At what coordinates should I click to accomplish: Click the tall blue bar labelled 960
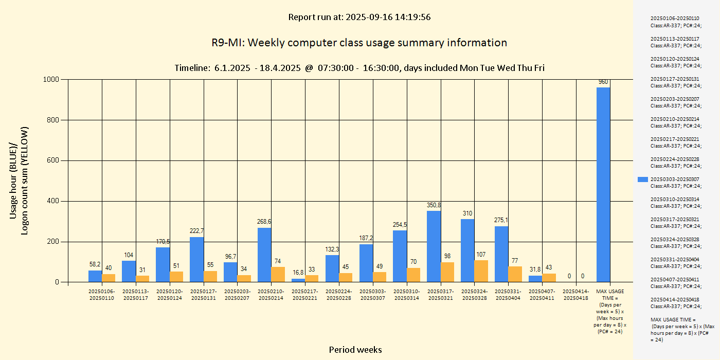point(603,185)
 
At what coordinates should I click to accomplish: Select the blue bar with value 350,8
point(434,246)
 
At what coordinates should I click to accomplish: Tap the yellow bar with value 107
point(481,271)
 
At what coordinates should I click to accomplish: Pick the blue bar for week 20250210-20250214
point(264,255)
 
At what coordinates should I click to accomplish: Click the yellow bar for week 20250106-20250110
point(109,278)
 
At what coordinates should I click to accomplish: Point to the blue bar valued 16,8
point(298,280)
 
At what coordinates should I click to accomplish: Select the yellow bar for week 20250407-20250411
point(549,278)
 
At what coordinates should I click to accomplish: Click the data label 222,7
point(196,231)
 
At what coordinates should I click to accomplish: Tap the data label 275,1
point(502,220)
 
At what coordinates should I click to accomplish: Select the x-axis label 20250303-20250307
point(373,295)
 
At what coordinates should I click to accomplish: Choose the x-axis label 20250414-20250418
point(576,295)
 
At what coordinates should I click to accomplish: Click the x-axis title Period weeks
point(355,350)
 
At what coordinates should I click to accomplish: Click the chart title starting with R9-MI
point(359,43)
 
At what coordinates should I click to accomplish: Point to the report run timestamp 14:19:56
point(413,17)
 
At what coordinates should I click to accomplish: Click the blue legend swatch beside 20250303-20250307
point(643,179)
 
